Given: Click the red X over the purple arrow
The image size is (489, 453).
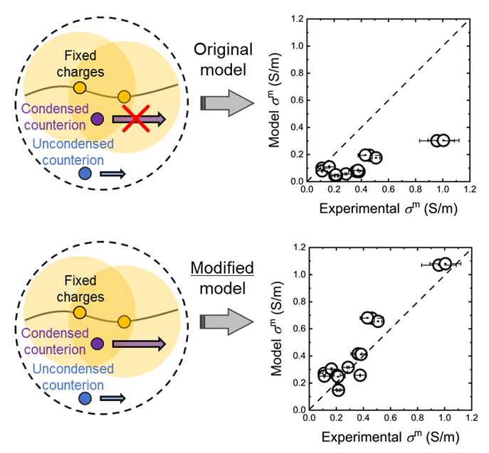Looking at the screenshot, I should click(x=136, y=119).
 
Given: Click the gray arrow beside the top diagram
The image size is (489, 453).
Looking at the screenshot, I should click(x=227, y=103).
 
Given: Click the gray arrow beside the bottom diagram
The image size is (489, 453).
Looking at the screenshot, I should click(x=227, y=321).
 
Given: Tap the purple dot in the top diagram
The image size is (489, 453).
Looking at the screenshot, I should click(x=98, y=119).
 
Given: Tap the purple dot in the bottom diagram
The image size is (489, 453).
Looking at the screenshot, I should click(x=98, y=344).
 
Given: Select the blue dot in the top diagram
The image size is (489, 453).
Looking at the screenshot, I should click(x=85, y=174).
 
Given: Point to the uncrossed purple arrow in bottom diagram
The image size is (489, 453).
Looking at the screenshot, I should click(x=139, y=344).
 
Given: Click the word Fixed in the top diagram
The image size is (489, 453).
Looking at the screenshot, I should click(x=80, y=55).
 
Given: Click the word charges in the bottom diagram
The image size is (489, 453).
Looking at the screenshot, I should click(x=80, y=297).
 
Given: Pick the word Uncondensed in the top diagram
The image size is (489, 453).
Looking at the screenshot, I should click(x=73, y=144).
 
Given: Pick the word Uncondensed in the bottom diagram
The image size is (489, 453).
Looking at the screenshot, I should click(x=73, y=369).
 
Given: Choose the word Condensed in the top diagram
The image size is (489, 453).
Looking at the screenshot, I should click(x=56, y=110).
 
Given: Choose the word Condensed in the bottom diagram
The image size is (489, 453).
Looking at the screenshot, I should click(x=56, y=334).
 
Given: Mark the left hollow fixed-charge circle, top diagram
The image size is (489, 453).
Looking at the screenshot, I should click(x=80, y=88).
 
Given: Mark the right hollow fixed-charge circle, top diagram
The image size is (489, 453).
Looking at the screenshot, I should click(x=124, y=97).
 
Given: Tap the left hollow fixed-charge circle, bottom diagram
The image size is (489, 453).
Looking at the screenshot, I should click(x=80, y=313).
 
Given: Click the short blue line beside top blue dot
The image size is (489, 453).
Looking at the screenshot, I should click(x=112, y=174).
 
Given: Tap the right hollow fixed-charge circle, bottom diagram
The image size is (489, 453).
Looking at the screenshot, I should click(x=124, y=322).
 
